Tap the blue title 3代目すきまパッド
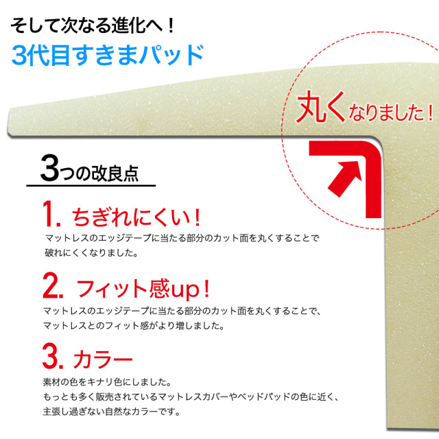108,54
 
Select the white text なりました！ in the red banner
392,111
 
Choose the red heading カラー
102,359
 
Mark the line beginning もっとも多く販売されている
191,397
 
